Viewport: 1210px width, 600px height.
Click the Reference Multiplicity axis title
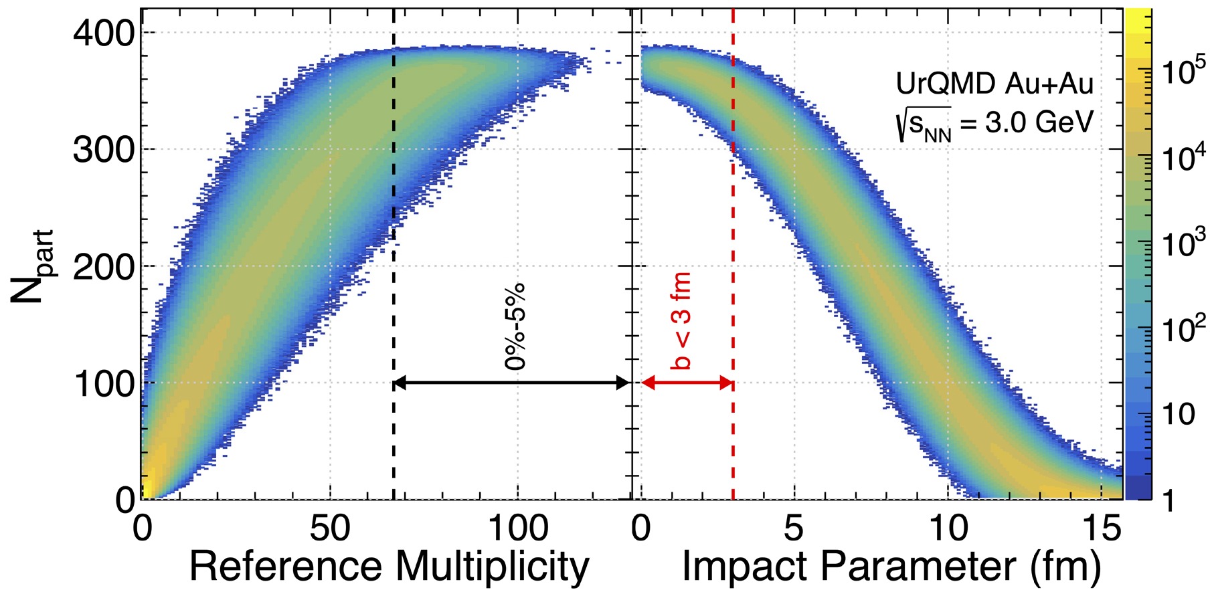[389, 567]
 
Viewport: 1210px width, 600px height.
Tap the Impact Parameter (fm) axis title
[891, 567]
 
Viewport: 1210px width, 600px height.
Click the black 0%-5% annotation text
[516, 327]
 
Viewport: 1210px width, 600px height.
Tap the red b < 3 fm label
[681, 322]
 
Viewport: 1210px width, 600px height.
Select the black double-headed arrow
[512, 383]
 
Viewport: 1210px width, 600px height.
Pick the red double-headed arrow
[687, 383]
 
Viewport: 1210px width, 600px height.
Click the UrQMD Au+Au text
[995, 84]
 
